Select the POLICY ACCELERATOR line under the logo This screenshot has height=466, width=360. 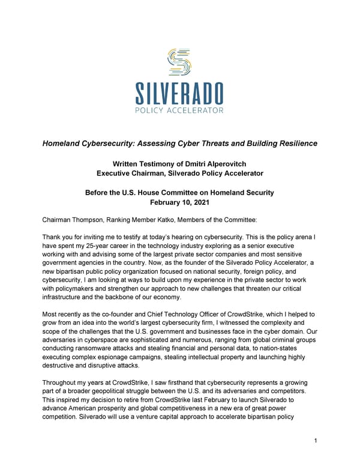tap(179, 110)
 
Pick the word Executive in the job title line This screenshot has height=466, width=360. tap(119, 174)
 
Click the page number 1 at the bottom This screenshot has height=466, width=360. tap(316, 441)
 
